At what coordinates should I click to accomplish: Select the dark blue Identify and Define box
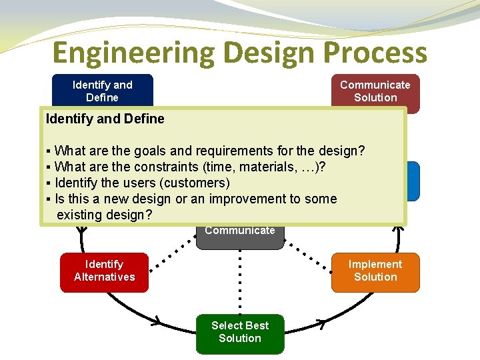tap(103, 91)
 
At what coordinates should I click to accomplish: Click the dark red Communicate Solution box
tap(375, 91)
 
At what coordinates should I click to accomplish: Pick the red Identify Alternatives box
tap(104, 271)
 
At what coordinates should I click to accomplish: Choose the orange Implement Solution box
tap(375, 271)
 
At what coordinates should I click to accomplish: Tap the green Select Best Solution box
tap(240, 333)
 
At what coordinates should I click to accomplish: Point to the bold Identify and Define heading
tap(105, 119)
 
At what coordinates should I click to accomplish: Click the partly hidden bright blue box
tap(413, 180)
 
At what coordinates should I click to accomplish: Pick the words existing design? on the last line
tap(105, 215)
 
